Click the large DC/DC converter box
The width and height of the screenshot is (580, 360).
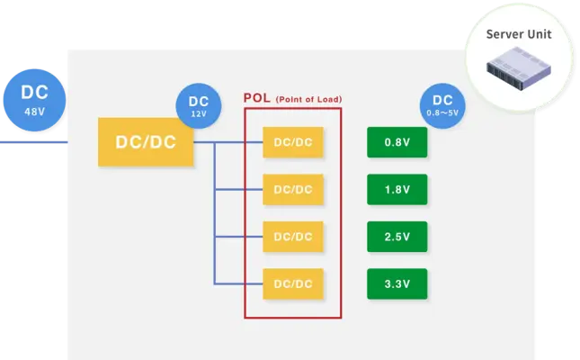(x=146, y=142)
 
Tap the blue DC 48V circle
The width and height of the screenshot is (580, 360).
(x=34, y=100)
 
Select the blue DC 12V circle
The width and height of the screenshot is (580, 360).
(x=199, y=106)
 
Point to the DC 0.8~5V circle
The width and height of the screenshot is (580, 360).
(x=442, y=106)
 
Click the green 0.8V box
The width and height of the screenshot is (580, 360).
(x=397, y=142)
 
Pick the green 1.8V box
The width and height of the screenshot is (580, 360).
(x=397, y=189)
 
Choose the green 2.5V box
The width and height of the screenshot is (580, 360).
(x=397, y=237)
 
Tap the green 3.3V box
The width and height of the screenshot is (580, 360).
(x=397, y=283)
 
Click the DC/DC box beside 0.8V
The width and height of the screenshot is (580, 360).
(x=293, y=142)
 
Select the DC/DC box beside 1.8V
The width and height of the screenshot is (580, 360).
(x=293, y=189)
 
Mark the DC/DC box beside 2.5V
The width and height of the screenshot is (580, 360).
(x=293, y=237)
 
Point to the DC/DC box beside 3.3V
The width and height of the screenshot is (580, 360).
(x=293, y=283)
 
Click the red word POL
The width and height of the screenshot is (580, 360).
(x=256, y=98)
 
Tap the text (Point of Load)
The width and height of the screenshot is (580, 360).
(x=308, y=99)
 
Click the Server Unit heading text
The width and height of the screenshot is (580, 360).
(x=519, y=34)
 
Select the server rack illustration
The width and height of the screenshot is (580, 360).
(x=519, y=68)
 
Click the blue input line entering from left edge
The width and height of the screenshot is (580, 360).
(x=33, y=142)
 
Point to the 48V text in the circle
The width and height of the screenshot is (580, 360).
(x=34, y=112)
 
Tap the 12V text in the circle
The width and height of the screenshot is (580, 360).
(x=199, y=114)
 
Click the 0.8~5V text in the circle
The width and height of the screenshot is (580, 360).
(x=442, y=112)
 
